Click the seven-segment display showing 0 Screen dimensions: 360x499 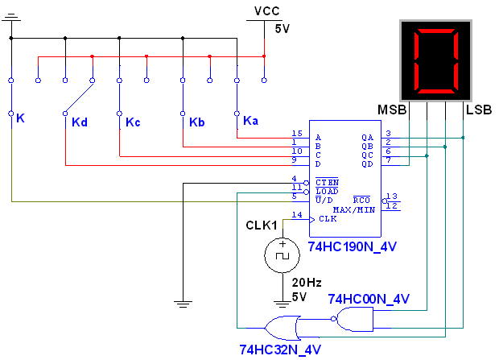[x=435, y=60]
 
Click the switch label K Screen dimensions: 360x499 [x=20, y=118]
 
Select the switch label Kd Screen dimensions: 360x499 [x=79, y=122]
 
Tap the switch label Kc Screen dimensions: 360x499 [x=133, y=122]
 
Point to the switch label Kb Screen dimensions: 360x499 [x=197, y=122]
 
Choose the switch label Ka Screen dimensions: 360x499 [x=251, y=121]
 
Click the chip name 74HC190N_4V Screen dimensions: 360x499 [x=353, y=246]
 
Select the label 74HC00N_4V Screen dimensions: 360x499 [x=369, y=300]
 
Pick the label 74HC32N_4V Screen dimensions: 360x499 [x=280, y=350]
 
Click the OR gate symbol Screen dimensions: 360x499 [x=280, y=328]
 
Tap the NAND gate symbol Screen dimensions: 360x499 [x=354, y=320]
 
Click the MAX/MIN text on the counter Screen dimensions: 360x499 [x=354, y=209]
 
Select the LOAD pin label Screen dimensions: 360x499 [x=327, y=191]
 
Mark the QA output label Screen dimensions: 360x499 [x=368, y=138]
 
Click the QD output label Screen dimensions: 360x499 [x=368, y=163]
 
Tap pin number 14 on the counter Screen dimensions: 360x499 [x=298, y=215]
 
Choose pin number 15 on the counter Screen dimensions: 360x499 [x=298, y=134]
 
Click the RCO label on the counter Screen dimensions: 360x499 [x=362, y=200]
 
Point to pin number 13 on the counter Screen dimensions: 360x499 [x=392, y=196]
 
